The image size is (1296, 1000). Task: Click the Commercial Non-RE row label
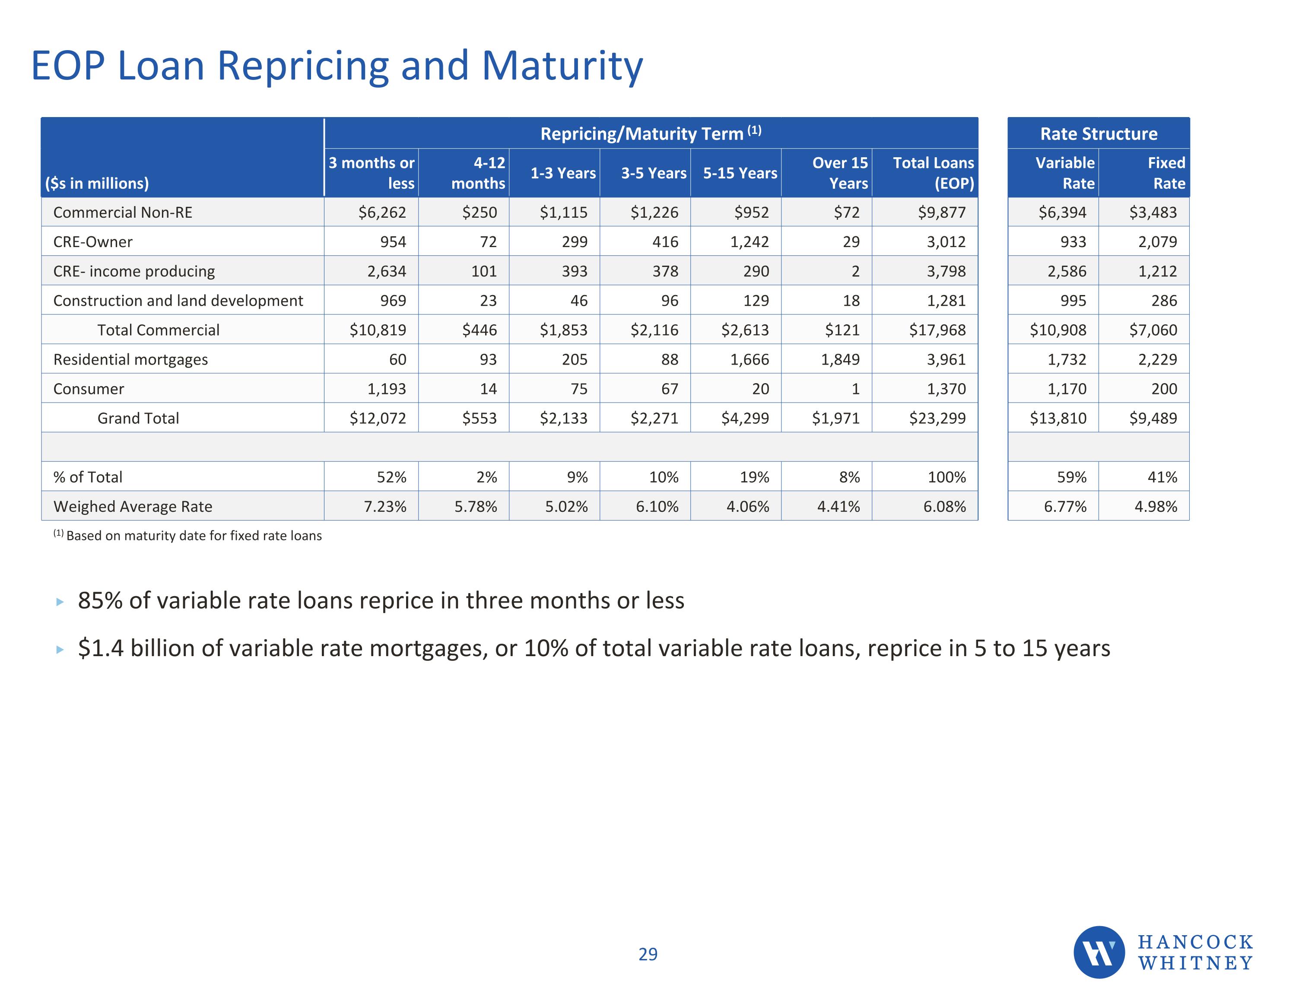123,213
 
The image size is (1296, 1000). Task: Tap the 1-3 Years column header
562,173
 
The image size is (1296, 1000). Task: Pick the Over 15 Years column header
839,173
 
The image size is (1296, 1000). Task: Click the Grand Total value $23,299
937,419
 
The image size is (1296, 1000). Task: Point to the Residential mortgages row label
130,360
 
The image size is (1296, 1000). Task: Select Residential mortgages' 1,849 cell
840,360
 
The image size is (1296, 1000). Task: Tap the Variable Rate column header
1064,173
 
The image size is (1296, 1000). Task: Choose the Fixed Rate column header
1166,173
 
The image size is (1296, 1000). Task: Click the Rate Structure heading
1099,133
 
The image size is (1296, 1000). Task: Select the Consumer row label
89,389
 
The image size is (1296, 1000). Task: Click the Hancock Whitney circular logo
1099,952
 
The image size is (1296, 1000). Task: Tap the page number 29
648,954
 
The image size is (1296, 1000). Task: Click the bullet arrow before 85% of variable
59,602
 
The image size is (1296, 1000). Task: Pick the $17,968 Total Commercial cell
937,330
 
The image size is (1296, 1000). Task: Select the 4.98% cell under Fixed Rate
1155,507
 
